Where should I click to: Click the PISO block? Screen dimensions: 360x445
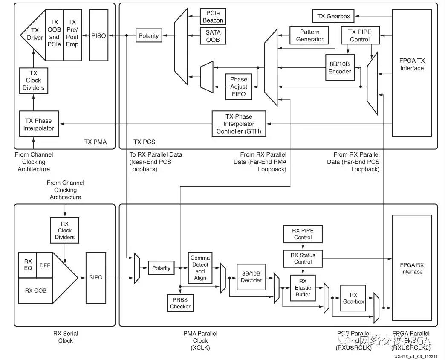point(98,35)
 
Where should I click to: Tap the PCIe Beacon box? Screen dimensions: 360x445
point(213,16)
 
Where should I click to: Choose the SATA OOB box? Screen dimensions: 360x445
point(213,36)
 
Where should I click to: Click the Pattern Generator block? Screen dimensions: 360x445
point(310,35)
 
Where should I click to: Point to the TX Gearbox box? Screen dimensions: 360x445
point(333,17)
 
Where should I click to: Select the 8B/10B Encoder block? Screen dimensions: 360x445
point(340,67)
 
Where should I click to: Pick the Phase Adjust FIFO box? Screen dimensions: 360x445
point(238,87)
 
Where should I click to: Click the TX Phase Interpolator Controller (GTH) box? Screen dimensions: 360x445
point(239,124)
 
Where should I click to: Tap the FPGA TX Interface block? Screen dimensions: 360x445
point(412,64)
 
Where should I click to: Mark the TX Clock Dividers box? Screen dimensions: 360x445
point(33,80)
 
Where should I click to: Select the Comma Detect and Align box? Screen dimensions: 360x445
point(200,268)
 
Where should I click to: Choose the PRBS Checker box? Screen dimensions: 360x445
point(180,303)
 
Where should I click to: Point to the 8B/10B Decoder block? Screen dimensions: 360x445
point(251,276)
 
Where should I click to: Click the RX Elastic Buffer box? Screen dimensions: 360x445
point(303,288)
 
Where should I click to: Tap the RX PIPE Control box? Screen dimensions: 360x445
point(303,234)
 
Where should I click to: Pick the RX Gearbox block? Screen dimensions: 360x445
point(353,298)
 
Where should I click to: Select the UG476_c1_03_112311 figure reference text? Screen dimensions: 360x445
point(417,356)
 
